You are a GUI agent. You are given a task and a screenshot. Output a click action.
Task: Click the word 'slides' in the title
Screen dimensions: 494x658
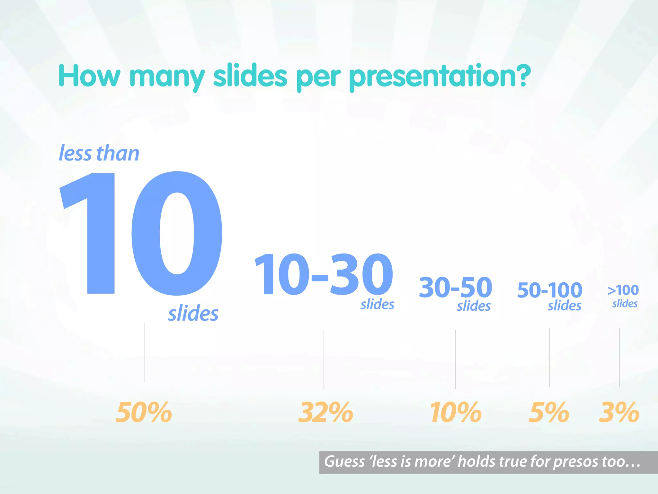[250, 76]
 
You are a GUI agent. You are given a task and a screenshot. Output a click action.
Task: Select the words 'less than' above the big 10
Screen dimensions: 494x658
[99, 153]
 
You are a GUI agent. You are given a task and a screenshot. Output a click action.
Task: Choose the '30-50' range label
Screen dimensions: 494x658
[456, 287]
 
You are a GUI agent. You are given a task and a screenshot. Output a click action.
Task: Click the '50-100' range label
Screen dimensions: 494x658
[550, 290]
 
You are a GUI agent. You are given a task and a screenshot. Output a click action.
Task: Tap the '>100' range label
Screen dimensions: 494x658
[623, 290]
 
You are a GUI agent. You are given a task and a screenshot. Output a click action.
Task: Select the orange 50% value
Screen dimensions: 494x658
[144, 412]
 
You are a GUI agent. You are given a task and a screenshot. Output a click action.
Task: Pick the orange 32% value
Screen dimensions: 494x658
[325, 412]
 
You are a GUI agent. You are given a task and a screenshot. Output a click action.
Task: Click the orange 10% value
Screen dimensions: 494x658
[456, 412]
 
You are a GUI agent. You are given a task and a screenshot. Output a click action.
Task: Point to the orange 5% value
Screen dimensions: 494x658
[549, 412]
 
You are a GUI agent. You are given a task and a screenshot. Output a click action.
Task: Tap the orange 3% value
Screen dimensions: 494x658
[619, 412]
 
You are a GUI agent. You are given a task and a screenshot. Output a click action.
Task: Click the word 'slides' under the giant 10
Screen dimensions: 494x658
[193, 314]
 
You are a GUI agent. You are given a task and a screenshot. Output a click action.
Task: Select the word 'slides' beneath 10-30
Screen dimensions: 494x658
[377, 304]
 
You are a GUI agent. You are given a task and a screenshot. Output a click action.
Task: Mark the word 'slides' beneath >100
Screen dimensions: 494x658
[625, 304]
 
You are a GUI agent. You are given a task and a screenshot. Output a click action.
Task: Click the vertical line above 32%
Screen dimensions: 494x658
[324, 359]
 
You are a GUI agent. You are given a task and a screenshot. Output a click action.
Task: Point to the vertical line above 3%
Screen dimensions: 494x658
[619, 357]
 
